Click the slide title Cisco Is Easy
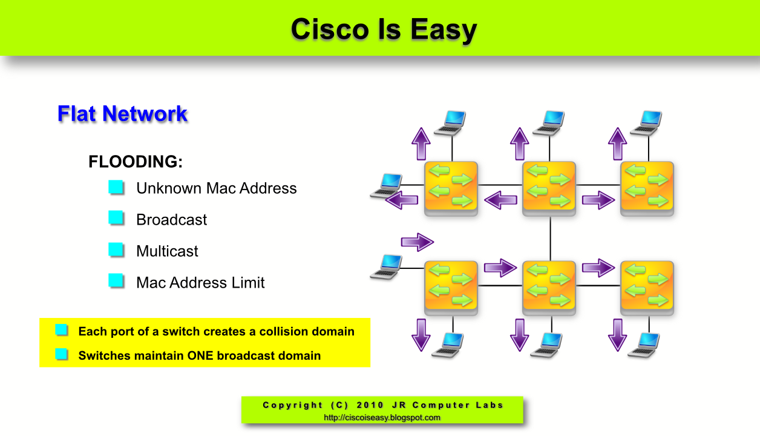pos(384,30)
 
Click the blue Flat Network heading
pos(122,113)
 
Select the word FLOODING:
pos(136,162)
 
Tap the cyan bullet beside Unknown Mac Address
pos(116,187)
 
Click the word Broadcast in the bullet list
pos(171,220)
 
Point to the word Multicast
pos(167,251)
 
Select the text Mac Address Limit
pos(200,283)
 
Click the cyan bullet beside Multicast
pos(116,249)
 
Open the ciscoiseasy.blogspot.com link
pos(382,417)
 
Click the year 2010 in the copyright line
pos(370,405)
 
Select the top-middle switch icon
pos(549,188)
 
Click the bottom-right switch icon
pos(647,288)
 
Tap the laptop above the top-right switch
pos(646,123)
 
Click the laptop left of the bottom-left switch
pos(386,267)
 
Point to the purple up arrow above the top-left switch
pos(421,144)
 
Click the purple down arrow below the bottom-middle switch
pos(519,335)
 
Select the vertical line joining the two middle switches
pos(550,239)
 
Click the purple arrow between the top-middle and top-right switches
pos(598,200)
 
